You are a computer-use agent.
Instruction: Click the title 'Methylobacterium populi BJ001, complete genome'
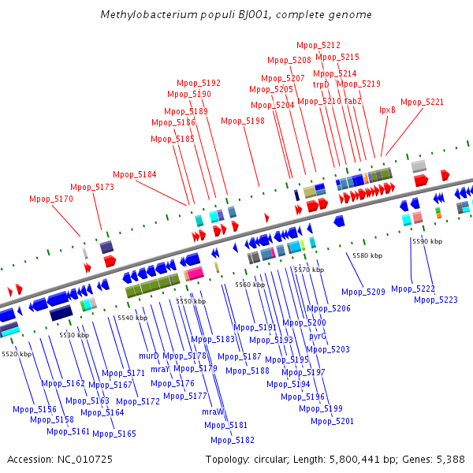(236, 15)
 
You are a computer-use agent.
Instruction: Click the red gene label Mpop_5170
(51, 199)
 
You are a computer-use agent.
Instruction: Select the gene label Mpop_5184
(135, 174)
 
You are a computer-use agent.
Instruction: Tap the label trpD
(321, 84)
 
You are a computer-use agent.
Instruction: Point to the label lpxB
(387, 110)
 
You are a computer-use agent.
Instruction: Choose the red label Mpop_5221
(422, 102)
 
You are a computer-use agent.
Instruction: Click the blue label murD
(149, 356)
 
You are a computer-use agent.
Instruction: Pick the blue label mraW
(213, 412)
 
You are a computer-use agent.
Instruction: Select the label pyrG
(318, 335)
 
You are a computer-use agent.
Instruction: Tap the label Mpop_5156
(35, 409)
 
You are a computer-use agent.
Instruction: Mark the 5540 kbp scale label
(132, 318)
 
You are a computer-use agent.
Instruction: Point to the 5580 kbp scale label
(367, 255)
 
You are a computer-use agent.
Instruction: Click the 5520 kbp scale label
(17, 354)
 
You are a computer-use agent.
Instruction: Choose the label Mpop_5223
(436, 299)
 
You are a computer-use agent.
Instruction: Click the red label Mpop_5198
(243, 121)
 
